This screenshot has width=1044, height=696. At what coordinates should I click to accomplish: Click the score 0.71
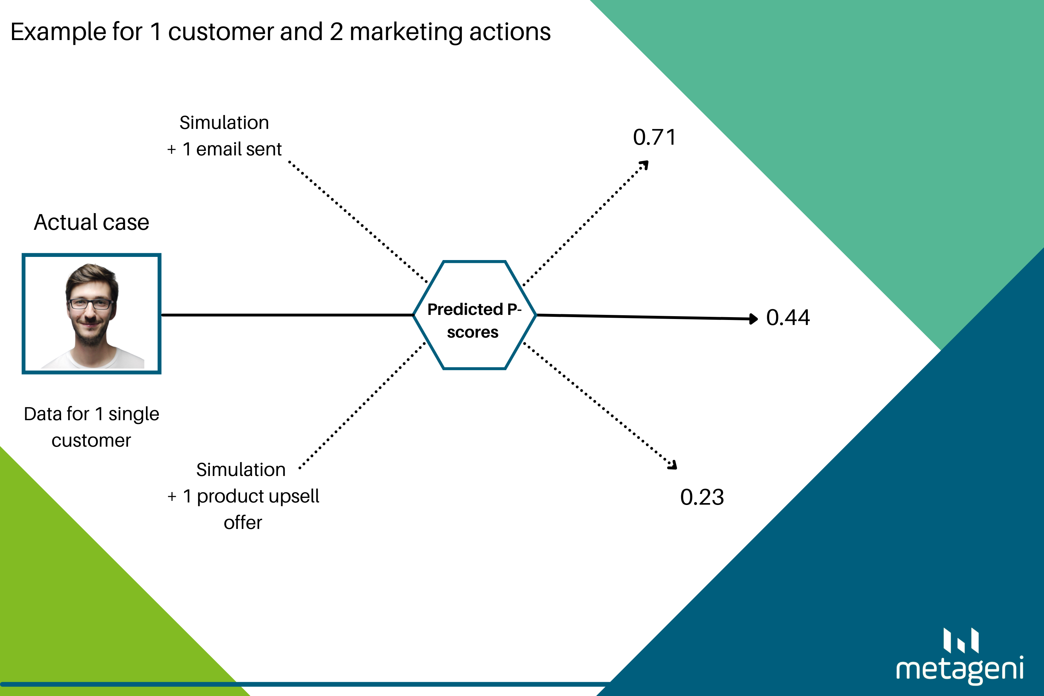click(x=654, y=137)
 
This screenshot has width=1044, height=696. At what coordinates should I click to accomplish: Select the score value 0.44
click(x=788, y=318)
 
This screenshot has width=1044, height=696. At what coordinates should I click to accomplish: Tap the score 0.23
click(x=702, y=497)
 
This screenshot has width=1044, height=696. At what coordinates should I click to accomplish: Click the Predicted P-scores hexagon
click(x=474, y=315)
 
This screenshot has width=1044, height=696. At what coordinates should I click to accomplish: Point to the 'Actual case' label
click(x=91, y=222)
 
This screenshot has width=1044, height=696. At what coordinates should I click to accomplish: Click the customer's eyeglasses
click(x=90, y=304)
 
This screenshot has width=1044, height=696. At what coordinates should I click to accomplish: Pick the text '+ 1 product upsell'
click(x=243, y=496)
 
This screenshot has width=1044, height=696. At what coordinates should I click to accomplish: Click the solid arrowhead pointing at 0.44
click(x=753, y=319)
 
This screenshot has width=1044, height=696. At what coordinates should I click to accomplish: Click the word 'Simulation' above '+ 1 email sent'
click(x=224, y=123)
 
